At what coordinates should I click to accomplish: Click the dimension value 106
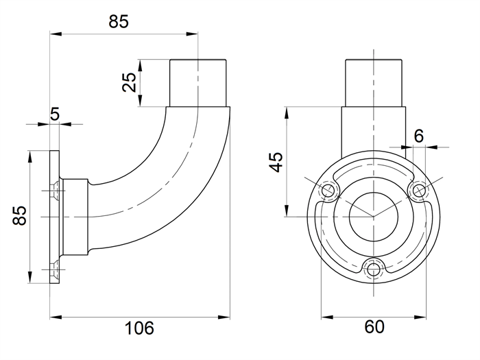click(139, 328)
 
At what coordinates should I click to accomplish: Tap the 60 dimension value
click(374, 326)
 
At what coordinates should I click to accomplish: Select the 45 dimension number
click(276, 162)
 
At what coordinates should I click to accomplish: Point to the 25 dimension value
click(129, 82)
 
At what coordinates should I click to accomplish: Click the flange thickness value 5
click(54, 115)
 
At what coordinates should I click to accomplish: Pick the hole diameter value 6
click(419, 136)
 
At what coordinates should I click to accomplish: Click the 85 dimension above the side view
click(119, 22)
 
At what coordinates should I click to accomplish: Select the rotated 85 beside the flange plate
click(20, 216)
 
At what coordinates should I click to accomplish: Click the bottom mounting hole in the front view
click(373, 270)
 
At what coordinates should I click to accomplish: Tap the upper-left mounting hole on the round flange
click(328, 191)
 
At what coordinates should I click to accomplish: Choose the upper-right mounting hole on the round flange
click(419, 191)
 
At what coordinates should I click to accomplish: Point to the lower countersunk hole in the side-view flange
click(56, 269)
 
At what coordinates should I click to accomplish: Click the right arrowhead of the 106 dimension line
click(224, 317)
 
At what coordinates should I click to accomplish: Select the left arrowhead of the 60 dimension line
click(327, 317)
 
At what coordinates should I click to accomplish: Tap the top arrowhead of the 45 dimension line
click(287, 112)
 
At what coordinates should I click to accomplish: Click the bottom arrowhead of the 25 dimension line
click(140, 101)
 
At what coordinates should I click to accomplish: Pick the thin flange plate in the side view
click(54, 217)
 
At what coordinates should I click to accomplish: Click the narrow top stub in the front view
click(374, 83)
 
